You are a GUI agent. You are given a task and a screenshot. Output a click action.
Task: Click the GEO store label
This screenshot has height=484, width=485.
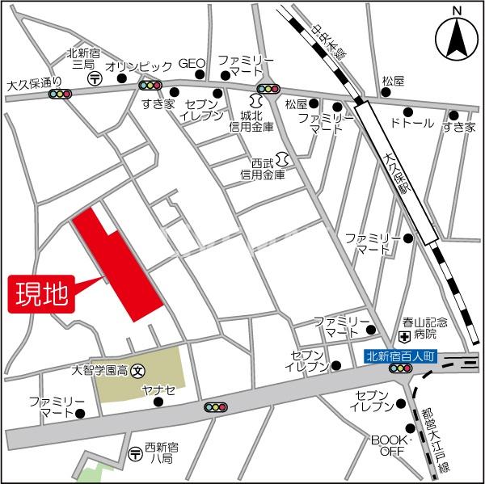192,64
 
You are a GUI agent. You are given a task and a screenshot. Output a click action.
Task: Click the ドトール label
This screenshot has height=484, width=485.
412,124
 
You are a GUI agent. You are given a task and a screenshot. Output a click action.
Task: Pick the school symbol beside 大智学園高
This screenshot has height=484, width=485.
137,371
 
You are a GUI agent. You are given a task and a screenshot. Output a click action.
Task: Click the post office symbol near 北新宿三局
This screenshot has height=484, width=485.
95,78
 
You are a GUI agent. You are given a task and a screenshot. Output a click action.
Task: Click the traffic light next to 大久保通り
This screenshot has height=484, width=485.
60,94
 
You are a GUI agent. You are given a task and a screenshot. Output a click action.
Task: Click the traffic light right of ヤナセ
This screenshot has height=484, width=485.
215,407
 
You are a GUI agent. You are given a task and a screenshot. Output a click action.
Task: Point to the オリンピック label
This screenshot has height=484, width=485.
139,65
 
